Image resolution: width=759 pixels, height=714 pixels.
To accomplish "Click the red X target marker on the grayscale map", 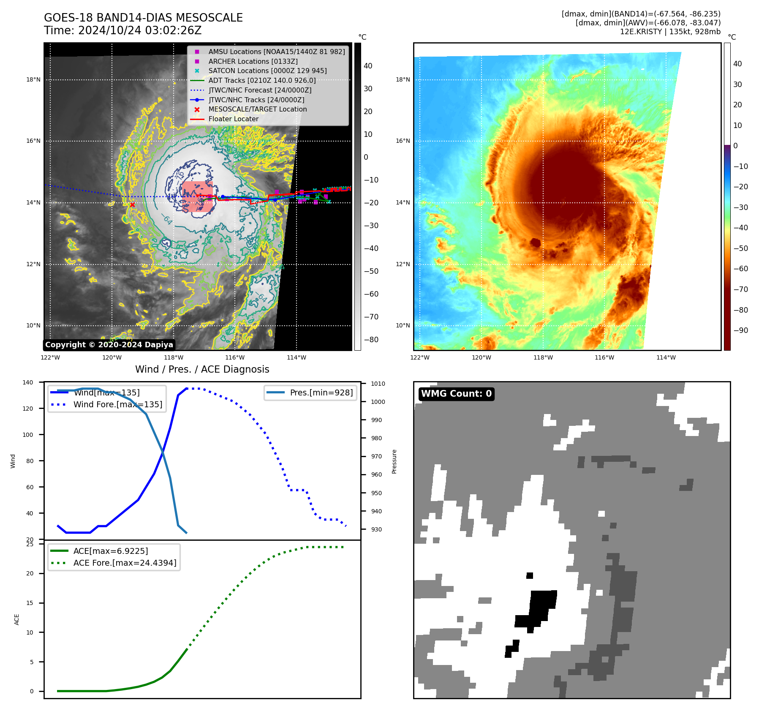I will (x=132, y=205).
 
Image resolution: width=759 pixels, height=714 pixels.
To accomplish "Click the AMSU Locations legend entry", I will (x=276, y=52).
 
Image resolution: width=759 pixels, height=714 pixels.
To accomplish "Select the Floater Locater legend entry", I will (x=233, y=119).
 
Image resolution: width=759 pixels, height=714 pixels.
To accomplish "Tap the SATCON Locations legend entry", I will (x=267, y=71).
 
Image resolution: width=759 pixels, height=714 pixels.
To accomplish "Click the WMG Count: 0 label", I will (x=456, y=394).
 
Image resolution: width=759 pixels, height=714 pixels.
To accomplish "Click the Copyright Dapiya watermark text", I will (x=109, y=345).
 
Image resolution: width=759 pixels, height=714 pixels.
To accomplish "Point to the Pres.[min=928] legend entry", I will (x=321, y=392).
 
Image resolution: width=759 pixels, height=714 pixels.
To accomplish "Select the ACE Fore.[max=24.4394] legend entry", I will (x=125, y=563).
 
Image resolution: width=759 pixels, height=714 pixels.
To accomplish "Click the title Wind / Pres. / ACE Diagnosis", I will (x=202, y=369).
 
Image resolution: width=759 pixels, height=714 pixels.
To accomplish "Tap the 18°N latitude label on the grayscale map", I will (x=33, y=79).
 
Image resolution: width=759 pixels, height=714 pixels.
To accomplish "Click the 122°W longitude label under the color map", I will (x=419, y=357).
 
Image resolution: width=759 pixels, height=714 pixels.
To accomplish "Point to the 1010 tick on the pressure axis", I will (x=378, y=384).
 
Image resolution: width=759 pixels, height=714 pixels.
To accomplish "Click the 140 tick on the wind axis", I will (x=28, y=382).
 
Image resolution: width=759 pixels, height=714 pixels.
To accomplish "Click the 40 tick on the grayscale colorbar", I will (x=368, y=66).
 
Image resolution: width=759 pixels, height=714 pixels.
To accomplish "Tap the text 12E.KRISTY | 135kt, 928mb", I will (x=670, y=32).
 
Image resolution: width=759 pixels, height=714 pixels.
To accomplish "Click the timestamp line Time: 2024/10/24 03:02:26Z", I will (x=122, y=31).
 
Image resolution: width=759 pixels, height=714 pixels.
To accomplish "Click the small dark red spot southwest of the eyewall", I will (x=536, y=243).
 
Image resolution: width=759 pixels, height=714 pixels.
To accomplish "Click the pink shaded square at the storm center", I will (x=197, y=196).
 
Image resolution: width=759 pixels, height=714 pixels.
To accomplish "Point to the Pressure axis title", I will (x=394, y=461).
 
